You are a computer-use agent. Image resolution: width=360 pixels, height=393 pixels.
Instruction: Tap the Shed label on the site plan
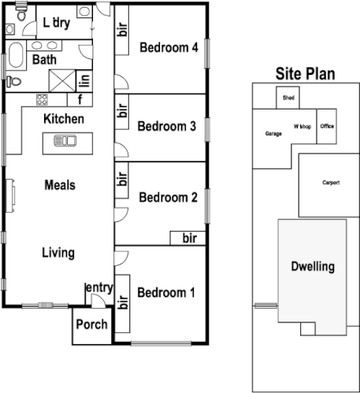[x=288, y=98]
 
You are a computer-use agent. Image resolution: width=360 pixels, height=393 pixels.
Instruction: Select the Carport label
[x=331, y=182]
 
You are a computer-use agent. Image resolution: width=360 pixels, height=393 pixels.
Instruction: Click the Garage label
[x=273, y=134]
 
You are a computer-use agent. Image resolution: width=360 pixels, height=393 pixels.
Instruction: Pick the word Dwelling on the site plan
[x=312, y=266]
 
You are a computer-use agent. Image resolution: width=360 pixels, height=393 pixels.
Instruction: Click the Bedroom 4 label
[x=168, y=47]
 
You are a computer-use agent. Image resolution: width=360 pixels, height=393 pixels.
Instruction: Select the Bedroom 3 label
[x=165, y=126]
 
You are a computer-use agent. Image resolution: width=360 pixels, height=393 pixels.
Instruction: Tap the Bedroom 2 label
[x=167, y=197]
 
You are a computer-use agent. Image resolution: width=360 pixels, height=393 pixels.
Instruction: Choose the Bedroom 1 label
[x=165, y=293]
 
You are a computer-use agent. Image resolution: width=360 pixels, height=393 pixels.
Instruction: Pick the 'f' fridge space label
[x=80, y=99]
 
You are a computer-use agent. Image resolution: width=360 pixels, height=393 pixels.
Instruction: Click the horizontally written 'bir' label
[x=189, y=237]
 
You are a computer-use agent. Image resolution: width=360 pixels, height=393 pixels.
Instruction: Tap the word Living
[x=59, y=253]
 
